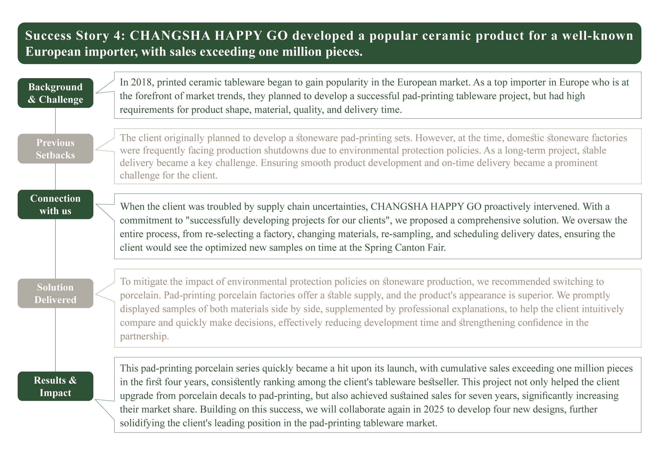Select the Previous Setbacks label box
(55, 149)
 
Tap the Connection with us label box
(55, 205)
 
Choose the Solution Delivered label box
(55, 293)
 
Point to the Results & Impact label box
(55, 386)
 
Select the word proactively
(507, 207)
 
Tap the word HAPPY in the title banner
(238, 36)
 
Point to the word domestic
(525, 138)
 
